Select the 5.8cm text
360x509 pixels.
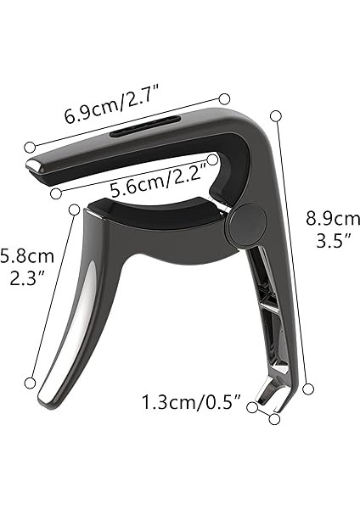coord(27,255)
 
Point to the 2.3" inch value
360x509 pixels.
coord(27,277)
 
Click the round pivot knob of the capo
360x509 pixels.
coord(246,223)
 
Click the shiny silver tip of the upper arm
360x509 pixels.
coord(37,165)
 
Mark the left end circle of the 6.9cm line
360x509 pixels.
coord(30,147)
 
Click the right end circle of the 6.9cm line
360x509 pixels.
coord(225,99)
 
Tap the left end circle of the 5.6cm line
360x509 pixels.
coord(56,193)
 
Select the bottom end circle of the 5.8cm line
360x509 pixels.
coord(31,383)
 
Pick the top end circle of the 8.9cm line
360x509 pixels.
coord(275,115)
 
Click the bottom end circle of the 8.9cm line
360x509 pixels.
coord(309,388)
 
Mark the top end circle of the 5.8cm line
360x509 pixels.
coord(75,209)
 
